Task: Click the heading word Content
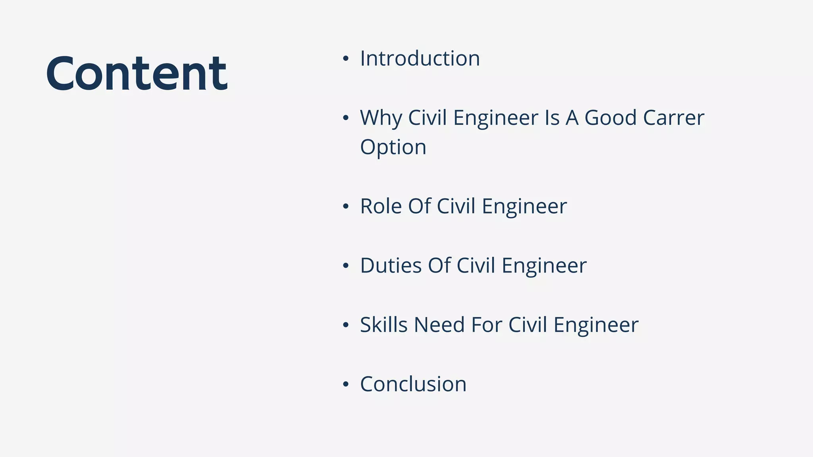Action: (x=137, y=73)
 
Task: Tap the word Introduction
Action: (x=420, y=59)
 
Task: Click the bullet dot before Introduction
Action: (x=346, y=59)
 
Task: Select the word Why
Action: (x=381, y=118)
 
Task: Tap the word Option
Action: (x=393, y=147)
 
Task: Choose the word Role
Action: (x=381, y=206)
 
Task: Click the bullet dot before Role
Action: (x=346, y=207)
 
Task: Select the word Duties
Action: (x=391, y=265)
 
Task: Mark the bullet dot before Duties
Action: (x=346, y=266)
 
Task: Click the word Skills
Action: (x=383, y=325)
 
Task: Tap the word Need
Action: (x=439, y=325)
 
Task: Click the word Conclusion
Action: (x=413, y=384)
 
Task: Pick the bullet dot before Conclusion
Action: (x=346, y=384)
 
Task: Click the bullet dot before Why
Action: (x=346, y=118)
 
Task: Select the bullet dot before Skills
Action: (x=346, y=325)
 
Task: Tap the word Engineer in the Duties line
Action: (x=544, y=266)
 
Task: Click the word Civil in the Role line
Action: (x=456, y=206)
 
